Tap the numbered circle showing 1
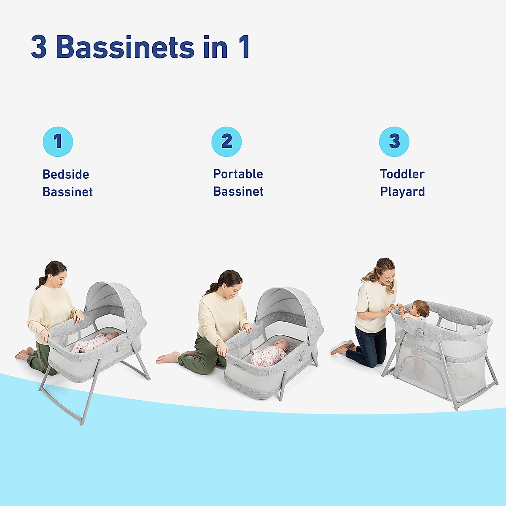[58, 141]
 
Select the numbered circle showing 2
[226, 141]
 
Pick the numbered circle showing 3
[394, 141]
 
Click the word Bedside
[66, 175]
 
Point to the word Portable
[238, 174]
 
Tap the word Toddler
[402, 174]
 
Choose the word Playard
[402, 192]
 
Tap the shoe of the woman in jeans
[339, 348]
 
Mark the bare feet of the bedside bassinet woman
[23, 354]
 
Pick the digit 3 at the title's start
[38, 47]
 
